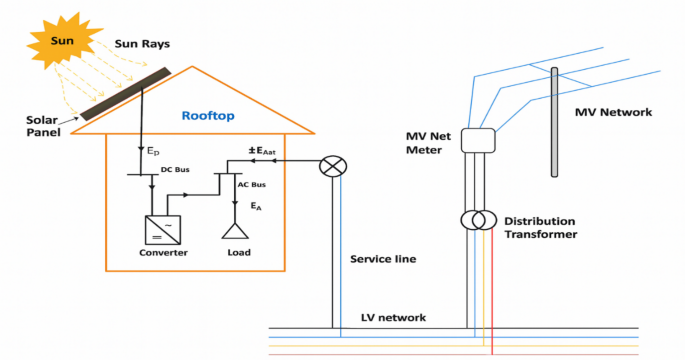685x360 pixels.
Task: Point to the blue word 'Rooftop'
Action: [208, 116]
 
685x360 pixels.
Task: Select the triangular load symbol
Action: [236, 230]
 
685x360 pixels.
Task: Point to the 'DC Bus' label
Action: [174, 170]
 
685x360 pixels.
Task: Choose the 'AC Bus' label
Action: [250, 187]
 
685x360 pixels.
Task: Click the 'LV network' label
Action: [393, 318]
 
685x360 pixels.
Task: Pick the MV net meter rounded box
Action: [478, 141]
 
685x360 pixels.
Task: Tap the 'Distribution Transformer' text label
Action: [540, 227]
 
